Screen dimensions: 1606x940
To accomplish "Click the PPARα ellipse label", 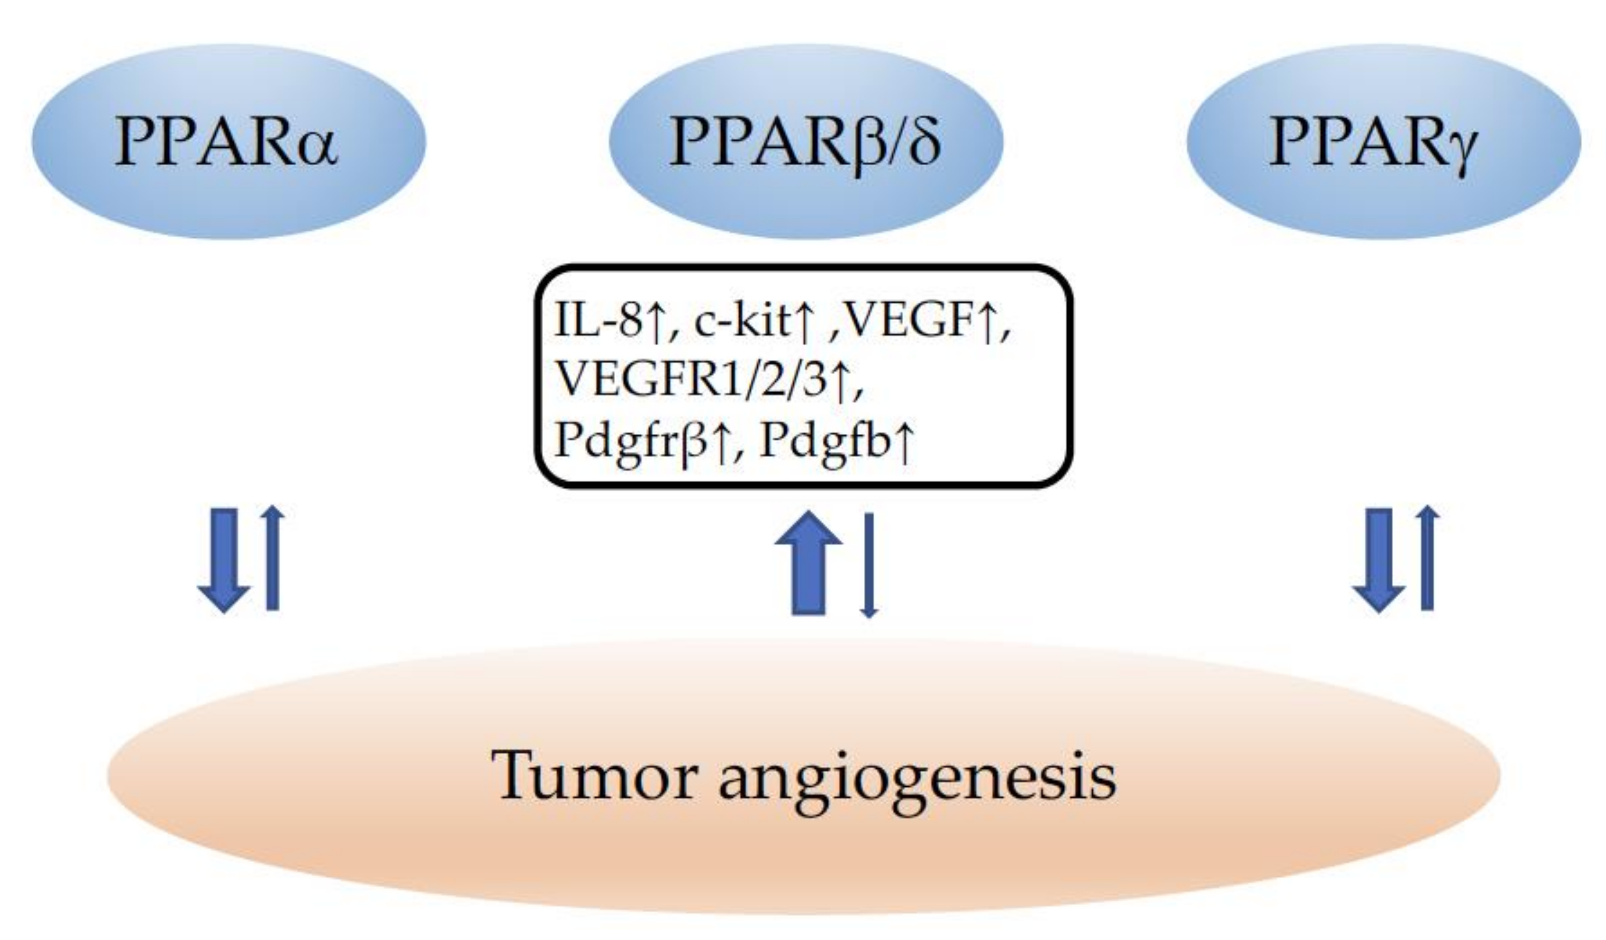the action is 226,142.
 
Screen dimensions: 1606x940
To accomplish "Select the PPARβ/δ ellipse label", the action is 805,142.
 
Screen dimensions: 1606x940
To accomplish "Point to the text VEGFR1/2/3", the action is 691,381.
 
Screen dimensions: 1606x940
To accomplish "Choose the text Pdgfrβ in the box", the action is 631,442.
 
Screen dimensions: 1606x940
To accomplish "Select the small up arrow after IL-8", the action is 654,321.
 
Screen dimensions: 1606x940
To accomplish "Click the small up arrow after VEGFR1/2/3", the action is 841,381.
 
